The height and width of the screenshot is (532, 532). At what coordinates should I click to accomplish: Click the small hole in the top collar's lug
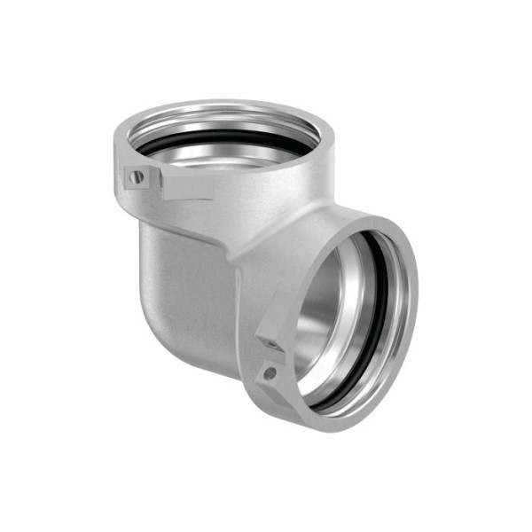point(136,177)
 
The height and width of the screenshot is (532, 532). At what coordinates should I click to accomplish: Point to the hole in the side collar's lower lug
point(269,373)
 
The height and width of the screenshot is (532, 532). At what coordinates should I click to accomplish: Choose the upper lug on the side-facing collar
point(273,335)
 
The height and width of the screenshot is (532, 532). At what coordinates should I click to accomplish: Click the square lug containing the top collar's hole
point(137,177)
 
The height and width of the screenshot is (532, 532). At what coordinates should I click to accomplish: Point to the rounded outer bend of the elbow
point(177,284)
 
